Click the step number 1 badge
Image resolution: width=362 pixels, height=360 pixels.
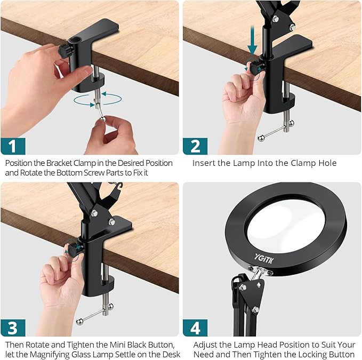[x=13, y=146]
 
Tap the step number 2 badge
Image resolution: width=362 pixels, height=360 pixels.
[x=195, y=146]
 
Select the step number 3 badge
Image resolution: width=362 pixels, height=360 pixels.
[x=13, y=328]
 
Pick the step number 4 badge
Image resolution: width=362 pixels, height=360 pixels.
[x=195, y=328]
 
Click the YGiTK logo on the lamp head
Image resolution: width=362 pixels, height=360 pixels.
[x=264, y=258]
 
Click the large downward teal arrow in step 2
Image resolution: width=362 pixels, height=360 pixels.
[x=252, y=40]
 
